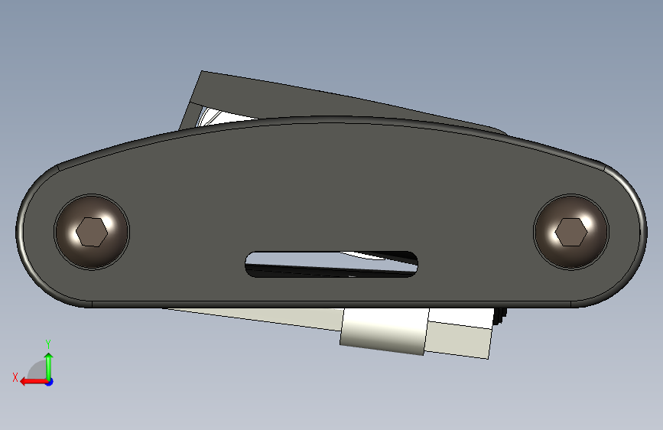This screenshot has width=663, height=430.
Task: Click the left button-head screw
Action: [x=92, y=232]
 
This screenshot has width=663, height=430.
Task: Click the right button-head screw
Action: [x=571, y=232]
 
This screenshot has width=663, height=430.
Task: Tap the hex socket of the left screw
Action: [x=92, y=232]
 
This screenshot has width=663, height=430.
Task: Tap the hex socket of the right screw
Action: [x=571, y=232]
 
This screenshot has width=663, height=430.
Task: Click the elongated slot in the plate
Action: [x=332, y=265]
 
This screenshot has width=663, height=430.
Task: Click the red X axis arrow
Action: [x=34, y=382]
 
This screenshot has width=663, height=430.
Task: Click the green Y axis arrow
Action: [x=49, y=366]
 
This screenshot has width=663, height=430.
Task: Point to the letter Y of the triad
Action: [x=47, y=344]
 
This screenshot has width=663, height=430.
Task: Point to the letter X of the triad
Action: [x=15, y=377]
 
